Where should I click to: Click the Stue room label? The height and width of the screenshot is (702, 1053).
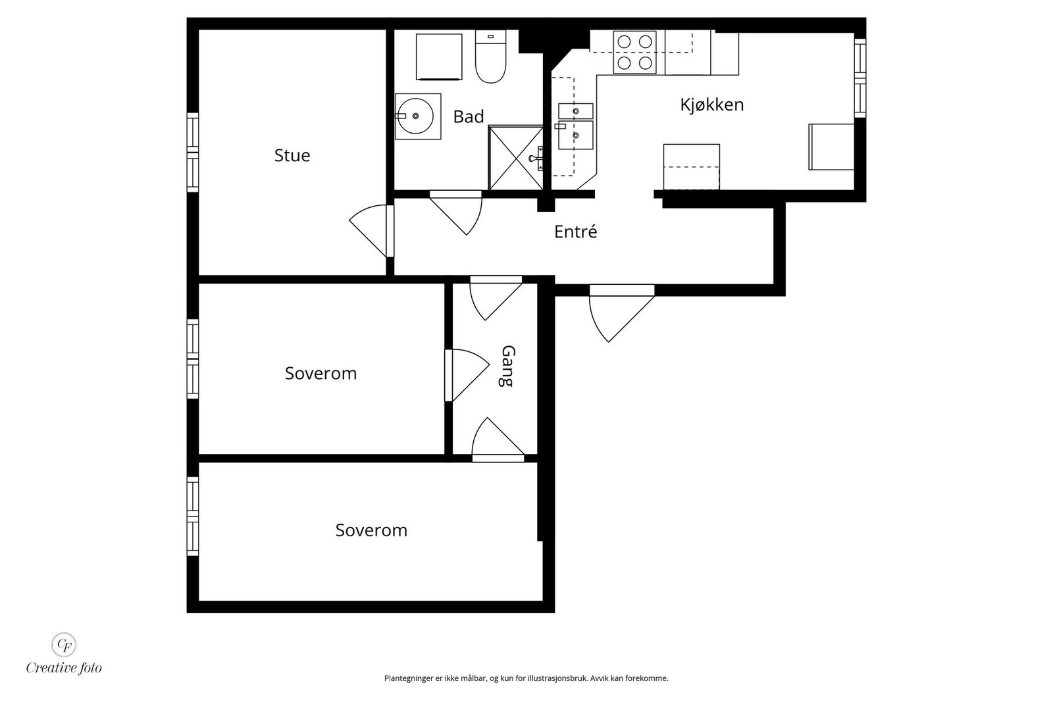click(x=292, y=155)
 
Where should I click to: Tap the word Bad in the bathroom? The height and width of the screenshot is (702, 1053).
click(x=468, y=116)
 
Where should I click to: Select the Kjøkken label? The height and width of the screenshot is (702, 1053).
click(x=711, y=105)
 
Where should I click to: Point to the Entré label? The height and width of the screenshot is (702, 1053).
click(x=575, y=231)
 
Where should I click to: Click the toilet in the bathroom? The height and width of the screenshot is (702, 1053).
click(x=490, y=57)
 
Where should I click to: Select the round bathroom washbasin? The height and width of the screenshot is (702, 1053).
click(x=415, y=116)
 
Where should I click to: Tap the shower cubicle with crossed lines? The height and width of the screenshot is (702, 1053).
click(x=516, y=157)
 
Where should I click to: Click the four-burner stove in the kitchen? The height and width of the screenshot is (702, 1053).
click(x=634, y=52)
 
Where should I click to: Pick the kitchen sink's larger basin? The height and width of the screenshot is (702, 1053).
click(x=575, y=136)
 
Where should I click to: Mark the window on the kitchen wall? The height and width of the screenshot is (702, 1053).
click(x=860, y=78)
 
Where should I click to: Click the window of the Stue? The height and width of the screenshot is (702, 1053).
click(x=193, y=152)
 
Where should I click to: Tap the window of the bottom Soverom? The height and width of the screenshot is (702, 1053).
click(x=193, y=516)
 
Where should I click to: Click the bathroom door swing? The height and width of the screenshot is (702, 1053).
click(x=456, y=213)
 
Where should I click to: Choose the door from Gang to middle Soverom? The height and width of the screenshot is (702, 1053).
click(x=467, y=375)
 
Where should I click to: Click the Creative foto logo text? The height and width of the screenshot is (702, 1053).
click(x=64, y=668)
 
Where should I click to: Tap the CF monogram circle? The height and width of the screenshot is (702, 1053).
click(x=63, y=644)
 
